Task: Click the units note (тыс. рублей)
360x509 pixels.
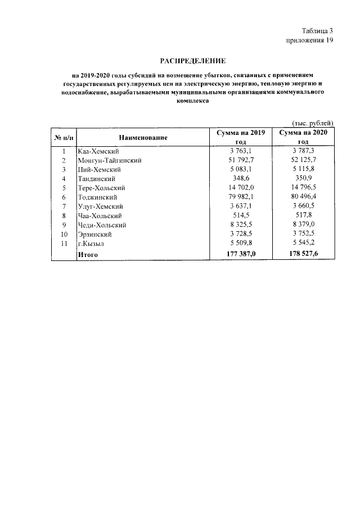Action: [313, 123]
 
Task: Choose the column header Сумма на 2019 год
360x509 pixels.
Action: [241, 137]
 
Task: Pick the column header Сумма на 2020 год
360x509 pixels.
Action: [304, 137]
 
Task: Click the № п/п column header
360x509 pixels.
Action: [64, 137]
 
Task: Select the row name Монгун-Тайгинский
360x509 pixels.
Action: [109, 160]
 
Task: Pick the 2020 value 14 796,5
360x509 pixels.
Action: [304, 188]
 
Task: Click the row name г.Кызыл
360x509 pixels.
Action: [91, 244]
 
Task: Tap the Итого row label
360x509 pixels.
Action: [88, 255]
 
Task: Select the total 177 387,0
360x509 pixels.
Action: [241, 255]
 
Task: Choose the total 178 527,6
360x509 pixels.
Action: [304, 255]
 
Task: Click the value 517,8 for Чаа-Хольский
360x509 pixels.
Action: [304, 215]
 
